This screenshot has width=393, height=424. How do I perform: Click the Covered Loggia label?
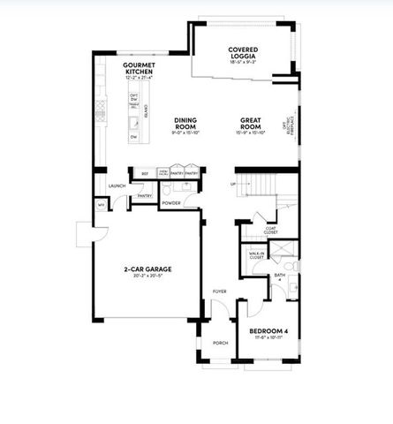point(242,52)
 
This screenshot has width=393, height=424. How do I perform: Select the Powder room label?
point(170,203)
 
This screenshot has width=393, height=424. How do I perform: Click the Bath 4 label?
point(278,277)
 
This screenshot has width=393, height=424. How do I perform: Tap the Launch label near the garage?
point(116,186)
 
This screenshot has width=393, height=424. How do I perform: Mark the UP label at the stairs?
point(233,185)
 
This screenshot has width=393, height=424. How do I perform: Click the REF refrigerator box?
point(143,173)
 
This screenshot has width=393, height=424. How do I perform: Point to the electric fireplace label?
point(285,130)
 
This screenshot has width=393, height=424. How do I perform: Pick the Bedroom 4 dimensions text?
point(268,338)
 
